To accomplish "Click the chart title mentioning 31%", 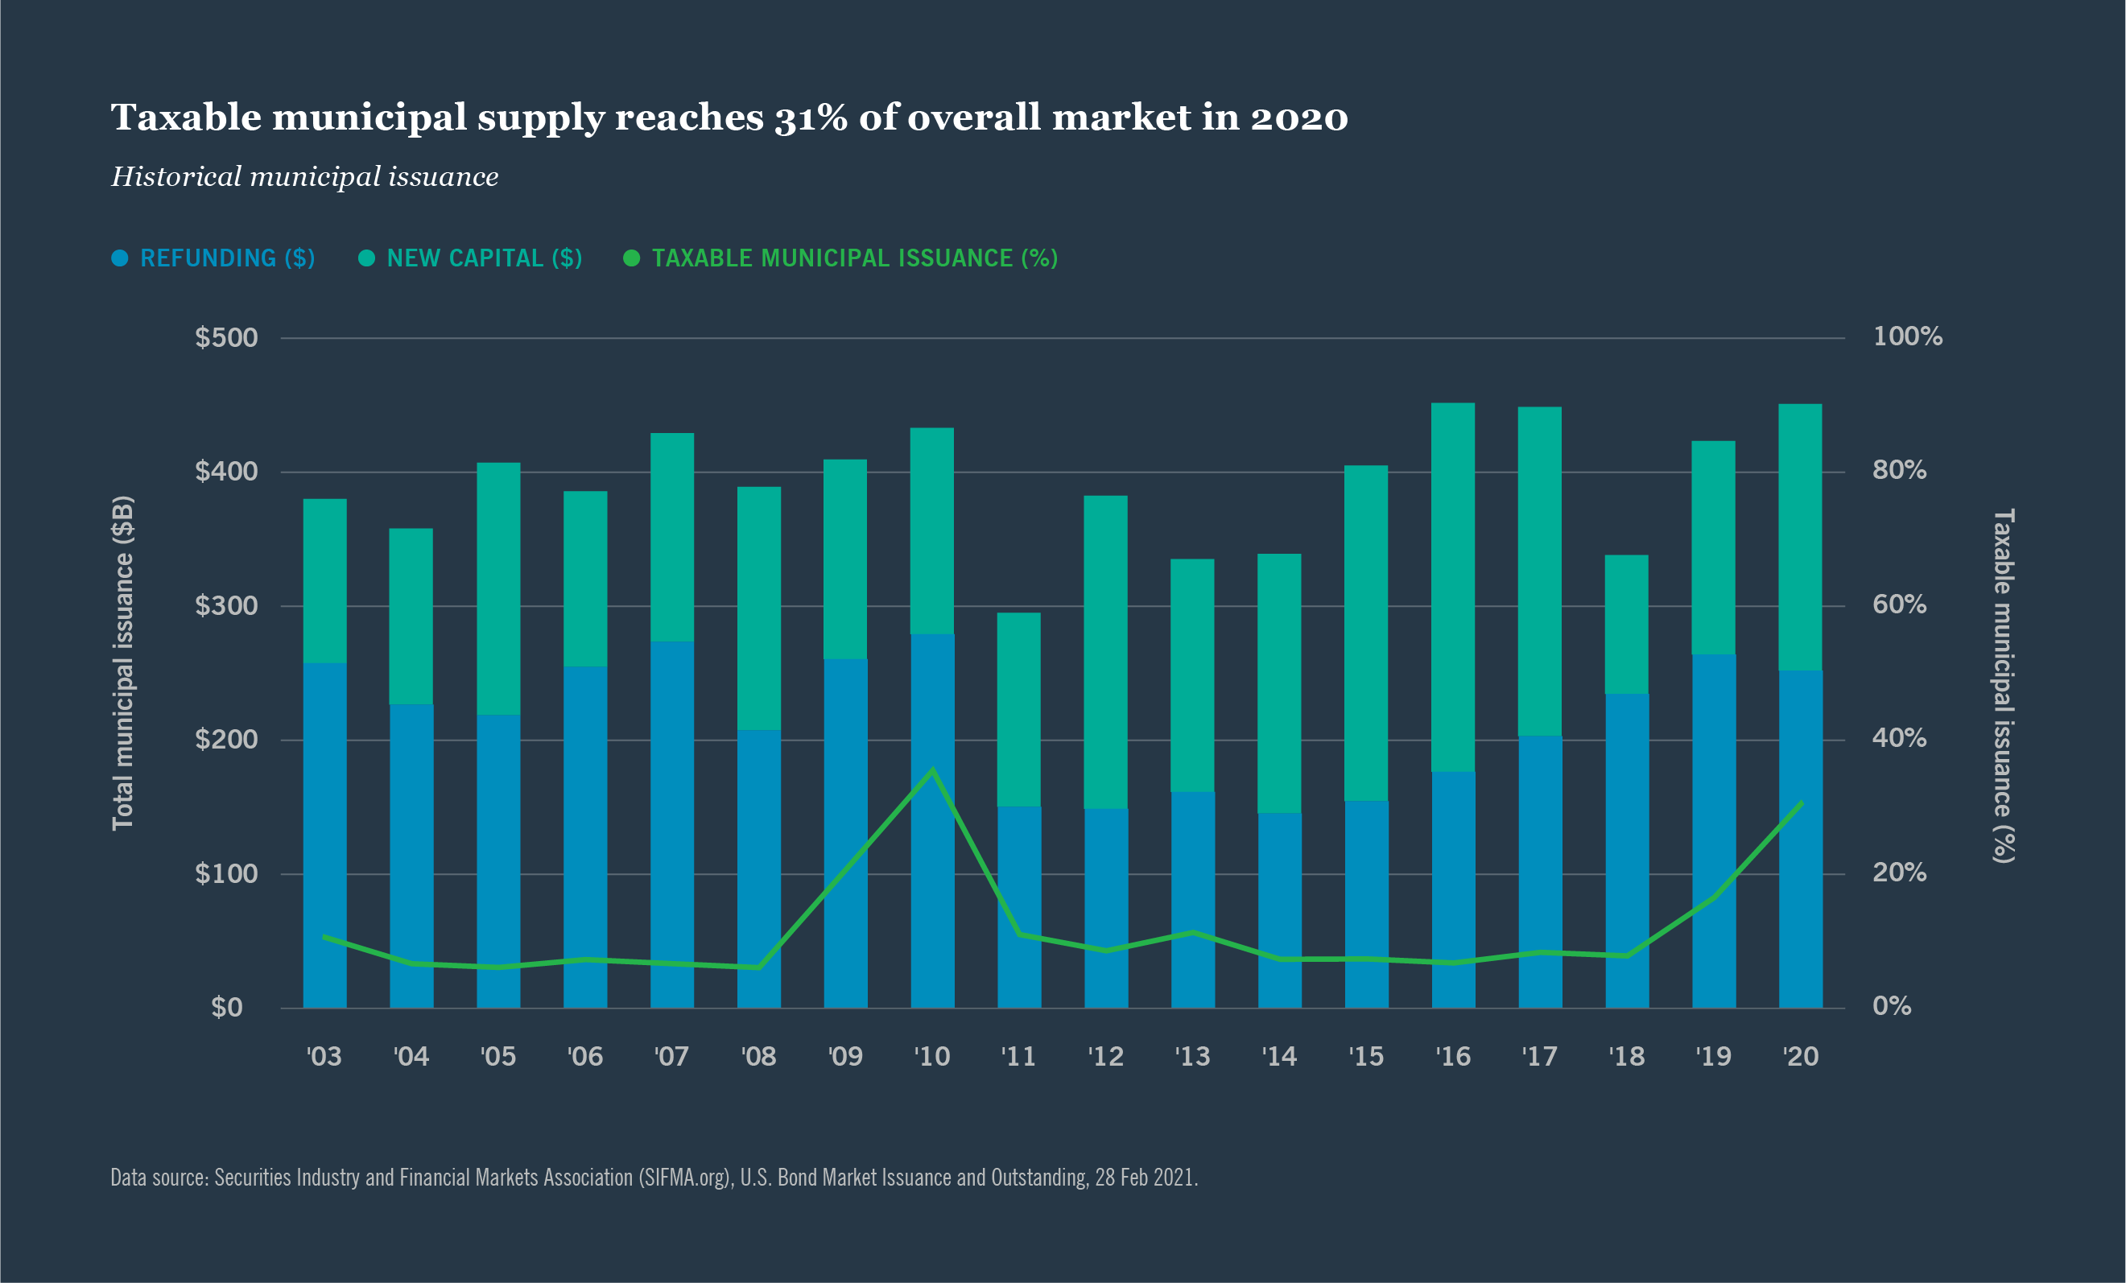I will point(729,118).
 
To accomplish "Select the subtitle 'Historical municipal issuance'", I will point(304,177).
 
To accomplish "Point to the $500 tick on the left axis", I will point(226,337).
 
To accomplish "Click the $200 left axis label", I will point(226,740).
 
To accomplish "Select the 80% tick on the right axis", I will point(1899,470).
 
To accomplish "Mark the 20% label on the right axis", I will point(1899,873).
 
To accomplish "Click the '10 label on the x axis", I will point(932,1057).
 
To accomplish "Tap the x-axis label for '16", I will point(1453,1057).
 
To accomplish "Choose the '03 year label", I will point(324,1057).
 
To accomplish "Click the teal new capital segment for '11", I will point(1019,709).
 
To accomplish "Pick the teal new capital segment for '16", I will point(1453,587).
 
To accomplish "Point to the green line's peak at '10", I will point(932,769).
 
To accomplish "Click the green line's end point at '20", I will point(1802,802).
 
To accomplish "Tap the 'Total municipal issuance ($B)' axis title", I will point(123,662).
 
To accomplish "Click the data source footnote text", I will point(654,1178).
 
